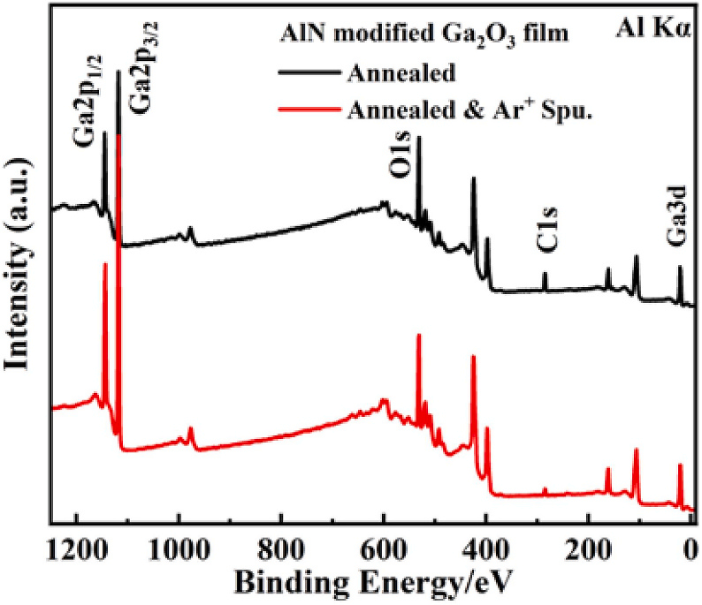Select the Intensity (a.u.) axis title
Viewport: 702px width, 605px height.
click(17, 264)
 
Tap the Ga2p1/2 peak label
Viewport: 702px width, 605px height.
click(88, 101)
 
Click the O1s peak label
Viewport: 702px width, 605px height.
click(401, 157)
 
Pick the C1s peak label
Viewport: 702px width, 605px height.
click(546, 230)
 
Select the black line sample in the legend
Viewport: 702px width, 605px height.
click(308, 72)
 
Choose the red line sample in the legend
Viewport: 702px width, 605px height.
click(308, 109)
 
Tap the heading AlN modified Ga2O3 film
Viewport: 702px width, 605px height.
click(424, 34)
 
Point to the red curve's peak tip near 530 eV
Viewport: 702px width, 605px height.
click(418, 335)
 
